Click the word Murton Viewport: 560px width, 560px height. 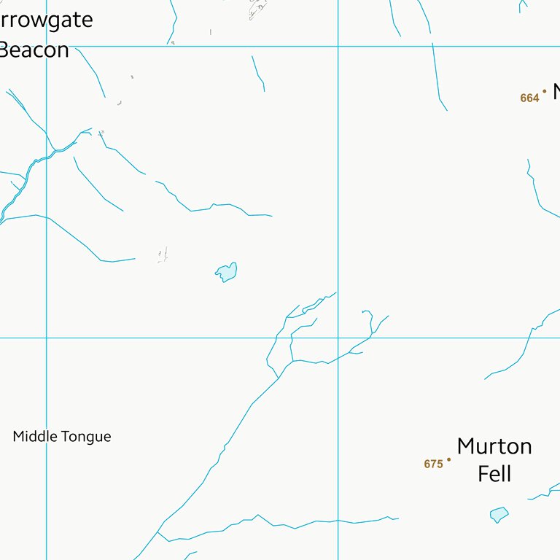click(494, 446)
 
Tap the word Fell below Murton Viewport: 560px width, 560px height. click(494, 474)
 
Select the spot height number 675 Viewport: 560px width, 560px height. click(433, 464)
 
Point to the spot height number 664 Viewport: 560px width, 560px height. click(529, 98)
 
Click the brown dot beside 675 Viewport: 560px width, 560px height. click(449, 459)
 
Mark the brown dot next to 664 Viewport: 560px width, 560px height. click(544, 91)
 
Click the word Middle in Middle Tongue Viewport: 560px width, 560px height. click(34, 437)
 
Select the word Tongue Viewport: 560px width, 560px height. click(87, 437)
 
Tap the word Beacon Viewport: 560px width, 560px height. click(35, 50)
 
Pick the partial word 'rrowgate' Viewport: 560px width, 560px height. click(47, 20)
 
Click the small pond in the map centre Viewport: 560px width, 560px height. click(227, 272)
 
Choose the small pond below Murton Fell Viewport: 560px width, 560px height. click(499, 514)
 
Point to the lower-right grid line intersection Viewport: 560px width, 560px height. click(338, 338)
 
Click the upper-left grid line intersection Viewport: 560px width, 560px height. click(47, 46)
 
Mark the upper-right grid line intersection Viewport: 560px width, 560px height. click(338, 46)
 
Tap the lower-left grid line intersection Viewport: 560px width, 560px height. click(47, 338)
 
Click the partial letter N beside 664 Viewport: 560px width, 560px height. click(556, 92)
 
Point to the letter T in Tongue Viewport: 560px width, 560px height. click(66, 437)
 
